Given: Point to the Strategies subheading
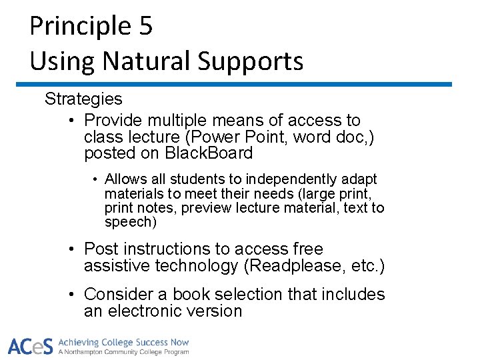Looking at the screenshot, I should (x=83, y=99).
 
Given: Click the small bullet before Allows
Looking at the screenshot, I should (x=96, y=180).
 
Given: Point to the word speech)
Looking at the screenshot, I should (x=130, y=222).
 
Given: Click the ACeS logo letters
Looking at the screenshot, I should (x=31, y=346).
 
